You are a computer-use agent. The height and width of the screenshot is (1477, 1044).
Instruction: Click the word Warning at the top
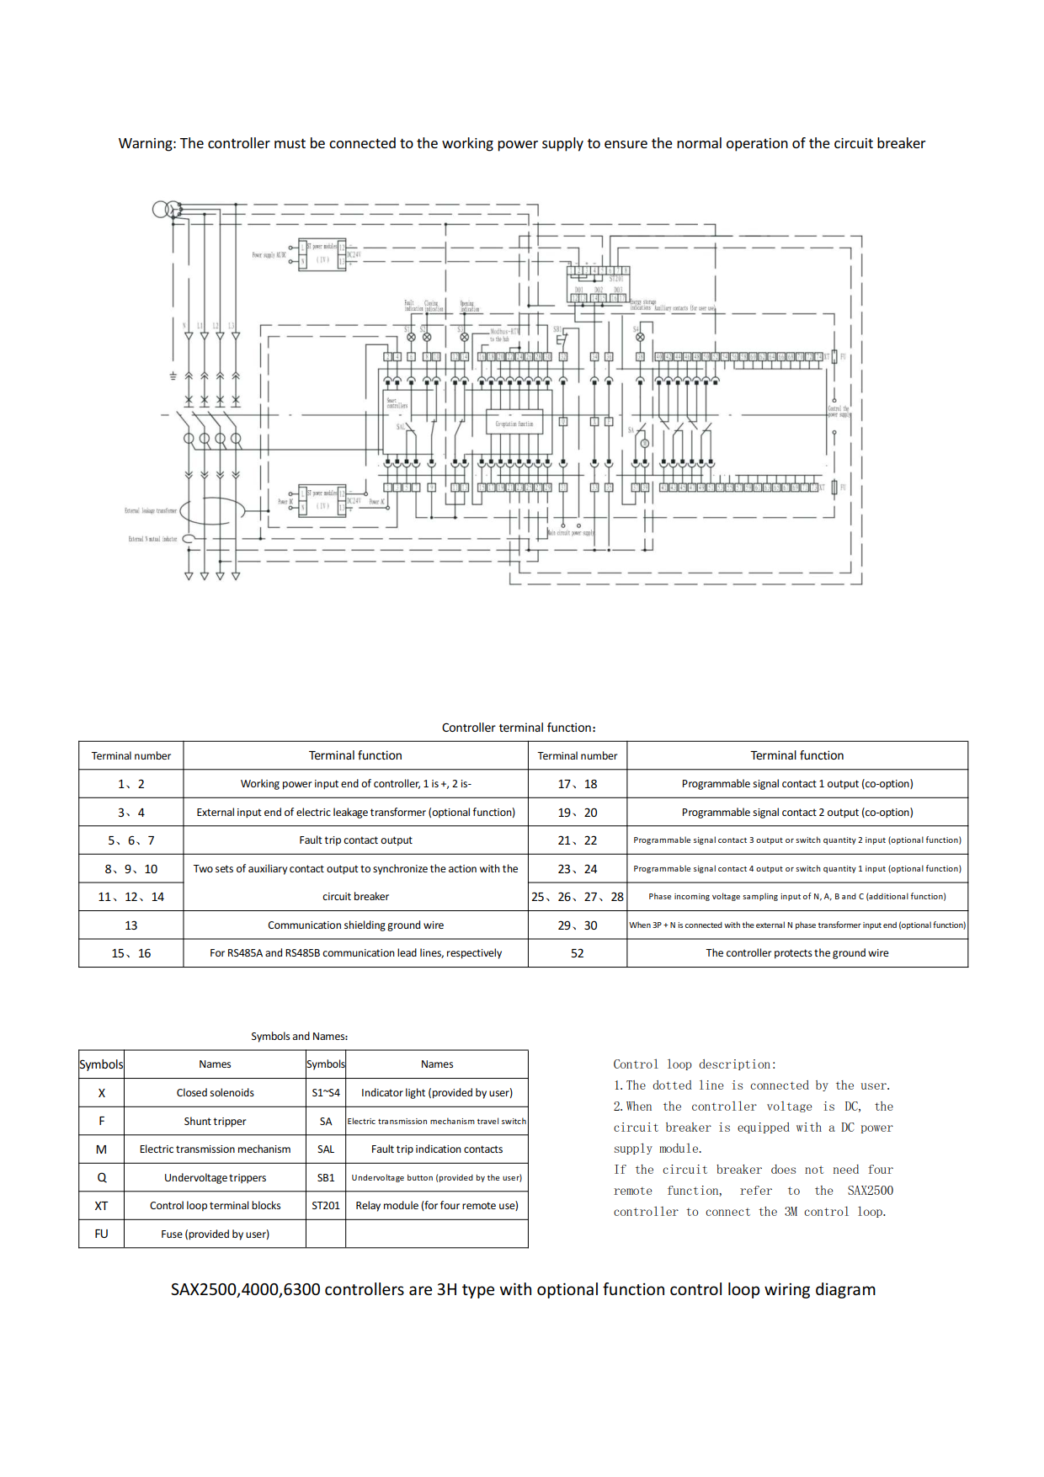(x=146, y=144)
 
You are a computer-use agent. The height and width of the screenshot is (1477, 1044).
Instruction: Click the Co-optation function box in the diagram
(x=514, y=423)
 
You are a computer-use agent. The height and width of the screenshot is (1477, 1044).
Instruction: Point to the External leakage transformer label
(x=151, y=510)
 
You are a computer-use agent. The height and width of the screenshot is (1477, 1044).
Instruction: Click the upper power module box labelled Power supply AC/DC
(x=322, y=254)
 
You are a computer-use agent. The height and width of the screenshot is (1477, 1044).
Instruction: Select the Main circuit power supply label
(x=571, y=533)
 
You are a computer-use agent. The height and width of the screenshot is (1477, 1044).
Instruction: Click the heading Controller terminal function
(x=518, y=728)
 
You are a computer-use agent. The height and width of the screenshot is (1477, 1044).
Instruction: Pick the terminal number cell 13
(x=130, y=925)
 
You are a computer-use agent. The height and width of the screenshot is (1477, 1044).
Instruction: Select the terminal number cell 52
(x=577, y=953)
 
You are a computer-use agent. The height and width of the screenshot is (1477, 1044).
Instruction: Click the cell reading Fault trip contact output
(x=355, y=840)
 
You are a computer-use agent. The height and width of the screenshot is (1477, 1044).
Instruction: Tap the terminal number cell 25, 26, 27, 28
(x=577, y=897)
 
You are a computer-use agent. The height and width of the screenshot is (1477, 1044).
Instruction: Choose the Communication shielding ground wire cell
(x=355, y=925)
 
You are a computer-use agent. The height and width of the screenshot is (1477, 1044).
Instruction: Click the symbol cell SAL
(x=325, y=1149)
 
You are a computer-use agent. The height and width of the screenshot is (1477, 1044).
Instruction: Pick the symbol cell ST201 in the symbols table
(x=325, y=1206)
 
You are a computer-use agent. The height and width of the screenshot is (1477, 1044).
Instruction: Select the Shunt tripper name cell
(x=215, y=1122)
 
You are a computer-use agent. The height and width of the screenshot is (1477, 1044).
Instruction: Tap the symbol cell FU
(x=101, y=1234)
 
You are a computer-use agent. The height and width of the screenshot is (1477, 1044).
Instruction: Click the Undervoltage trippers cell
(x=215, y=1178)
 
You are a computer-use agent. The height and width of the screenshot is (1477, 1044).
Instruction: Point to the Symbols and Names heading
(x=299, y=1037)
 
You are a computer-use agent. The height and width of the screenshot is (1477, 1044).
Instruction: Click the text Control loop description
(x=694, y=1064)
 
